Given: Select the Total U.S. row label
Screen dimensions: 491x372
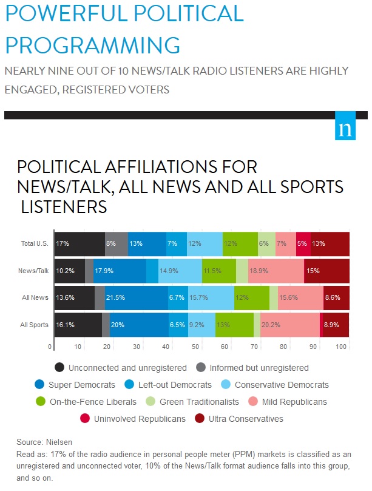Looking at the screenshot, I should pyautogui.click(x=35, y=243).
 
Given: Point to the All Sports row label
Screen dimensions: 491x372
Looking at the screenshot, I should pyautogui.click(x=35, y=325).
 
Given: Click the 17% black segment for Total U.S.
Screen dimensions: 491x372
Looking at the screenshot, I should pyautogui.click(x=79, y=243).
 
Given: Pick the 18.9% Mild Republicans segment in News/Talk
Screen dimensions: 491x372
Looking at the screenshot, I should pyautogui.click(x=276, y=271).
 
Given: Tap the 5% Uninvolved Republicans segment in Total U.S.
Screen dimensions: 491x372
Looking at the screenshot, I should pyautogui.click(x=303, y=243).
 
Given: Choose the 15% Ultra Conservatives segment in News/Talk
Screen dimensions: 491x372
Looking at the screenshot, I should pyautogui.click(x=326, y=271).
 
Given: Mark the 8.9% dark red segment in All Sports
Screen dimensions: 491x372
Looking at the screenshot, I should pyautogui.click(x=334, y=325).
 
